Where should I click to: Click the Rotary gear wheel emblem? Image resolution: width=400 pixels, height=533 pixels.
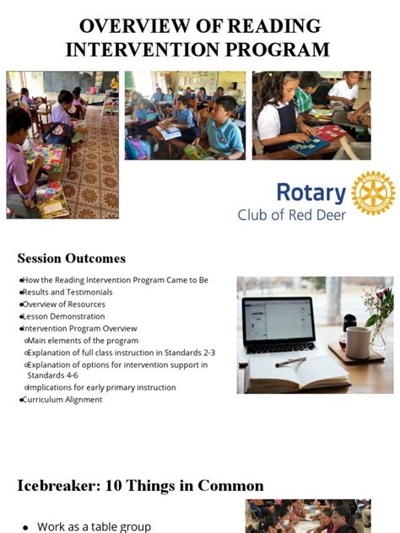372,193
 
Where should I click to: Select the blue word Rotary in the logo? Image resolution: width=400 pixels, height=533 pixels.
311,193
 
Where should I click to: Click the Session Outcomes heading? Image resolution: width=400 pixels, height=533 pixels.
72,258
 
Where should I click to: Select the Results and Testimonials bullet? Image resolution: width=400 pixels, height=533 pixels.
68,292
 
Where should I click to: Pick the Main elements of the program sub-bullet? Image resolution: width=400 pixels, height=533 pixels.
81,340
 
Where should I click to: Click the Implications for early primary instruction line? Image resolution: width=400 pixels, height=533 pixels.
101,387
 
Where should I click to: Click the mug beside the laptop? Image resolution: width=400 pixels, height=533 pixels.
358,342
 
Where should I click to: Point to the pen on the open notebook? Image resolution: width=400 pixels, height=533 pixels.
290,362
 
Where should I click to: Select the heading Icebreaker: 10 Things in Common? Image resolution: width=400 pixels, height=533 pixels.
140,486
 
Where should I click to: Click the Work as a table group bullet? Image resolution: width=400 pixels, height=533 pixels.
92,526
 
